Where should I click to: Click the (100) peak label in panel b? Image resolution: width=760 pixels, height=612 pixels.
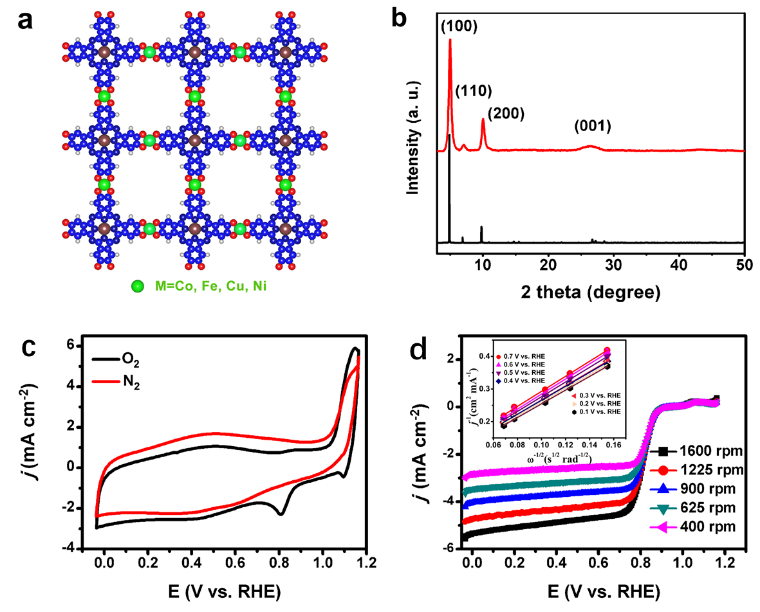tap(459, 26)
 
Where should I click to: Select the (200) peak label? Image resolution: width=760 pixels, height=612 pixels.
tap(506, 114)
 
